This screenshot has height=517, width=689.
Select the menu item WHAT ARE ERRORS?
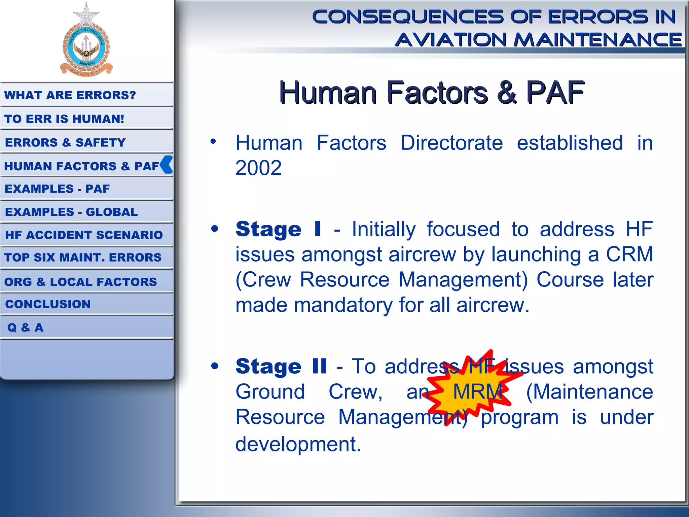coord(70,95)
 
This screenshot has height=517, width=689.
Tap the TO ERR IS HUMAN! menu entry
coord(64,119)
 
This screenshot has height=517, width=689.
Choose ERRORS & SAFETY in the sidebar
coord(65,142)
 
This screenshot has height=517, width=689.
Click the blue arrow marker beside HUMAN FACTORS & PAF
coord(167,165)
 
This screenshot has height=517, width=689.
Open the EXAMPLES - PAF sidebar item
coord(57,189)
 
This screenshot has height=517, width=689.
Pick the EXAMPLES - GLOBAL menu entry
coord(71,212)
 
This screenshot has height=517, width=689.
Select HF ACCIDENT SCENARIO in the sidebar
coord(84,235)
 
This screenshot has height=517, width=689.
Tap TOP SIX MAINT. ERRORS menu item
coord(83,257)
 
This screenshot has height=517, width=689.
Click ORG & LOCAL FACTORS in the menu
coord(80,282)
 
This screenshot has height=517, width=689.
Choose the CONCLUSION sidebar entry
coord(48,304)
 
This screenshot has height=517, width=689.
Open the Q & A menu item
coord(25,328)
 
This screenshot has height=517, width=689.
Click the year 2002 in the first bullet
coord(258,168)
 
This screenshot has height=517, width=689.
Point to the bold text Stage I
coord(278,230)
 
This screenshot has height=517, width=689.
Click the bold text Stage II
coord(281,366)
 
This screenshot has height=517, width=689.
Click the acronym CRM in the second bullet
coord(629,254)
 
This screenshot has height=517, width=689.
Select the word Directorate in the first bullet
coord(451,143)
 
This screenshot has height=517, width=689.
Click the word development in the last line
coord(298,444)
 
